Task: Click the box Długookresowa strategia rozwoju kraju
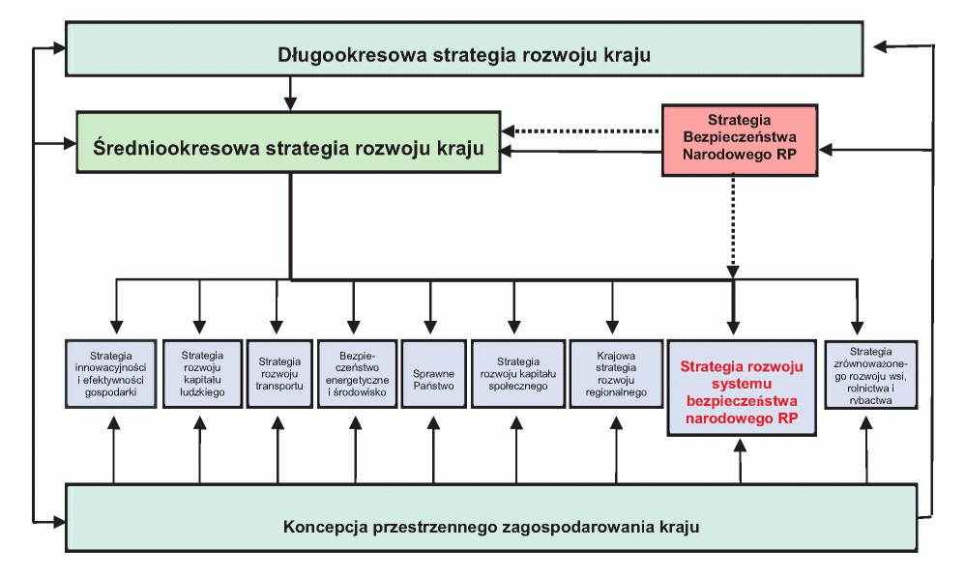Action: (x=464, y=49)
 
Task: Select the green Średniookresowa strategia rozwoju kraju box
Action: (x=288, y=142)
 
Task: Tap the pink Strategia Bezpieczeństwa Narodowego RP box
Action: (x=740, y=140)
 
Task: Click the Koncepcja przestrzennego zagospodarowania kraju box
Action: (x=491, y=517)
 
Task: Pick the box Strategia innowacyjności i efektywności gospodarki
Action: (x=111, y=373)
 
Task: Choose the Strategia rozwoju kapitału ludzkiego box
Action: (x=202, y=373)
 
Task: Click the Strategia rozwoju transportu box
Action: (x=279, y=373)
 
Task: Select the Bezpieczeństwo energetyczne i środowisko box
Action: (x=357, y=373)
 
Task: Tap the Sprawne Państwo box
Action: (x=434, y=373)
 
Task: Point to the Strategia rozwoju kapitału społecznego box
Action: (x=518, y=373)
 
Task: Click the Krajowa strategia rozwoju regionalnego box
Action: (x=616, y=373)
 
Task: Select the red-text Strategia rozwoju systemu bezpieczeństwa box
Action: (x=742, y=388)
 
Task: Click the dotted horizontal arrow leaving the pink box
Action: (x=581, y=131)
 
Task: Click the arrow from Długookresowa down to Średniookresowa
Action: (x=290, y=94)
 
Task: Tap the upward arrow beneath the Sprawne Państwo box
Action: (x=434, y=449)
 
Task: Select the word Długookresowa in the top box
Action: (x=352, y=55)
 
